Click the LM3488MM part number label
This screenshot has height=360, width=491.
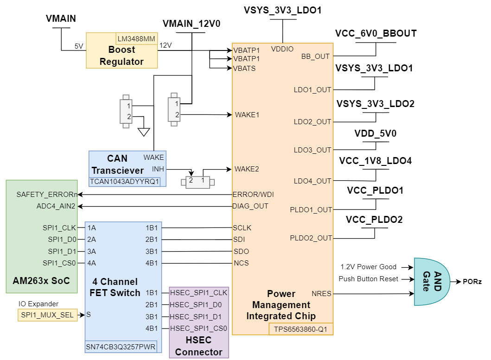tap(136, 38)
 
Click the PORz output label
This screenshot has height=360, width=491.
tap(472, 281)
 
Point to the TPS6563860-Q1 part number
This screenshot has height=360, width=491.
tap(300, 329)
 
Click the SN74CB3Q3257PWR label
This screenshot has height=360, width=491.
tap(121, 347)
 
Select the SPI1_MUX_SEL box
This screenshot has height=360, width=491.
tap(47, 315)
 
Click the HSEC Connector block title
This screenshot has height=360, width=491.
tap(199, 346)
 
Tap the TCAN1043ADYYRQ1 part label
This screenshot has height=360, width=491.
tap(128, 181)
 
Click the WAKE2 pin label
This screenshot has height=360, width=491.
tap(247, 169)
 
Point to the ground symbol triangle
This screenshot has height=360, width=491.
tap(144, 132)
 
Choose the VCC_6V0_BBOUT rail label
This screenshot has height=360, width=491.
tap(376, 33)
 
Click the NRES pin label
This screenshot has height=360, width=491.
tap(322, 293)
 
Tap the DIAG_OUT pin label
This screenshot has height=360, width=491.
tap(250, 206)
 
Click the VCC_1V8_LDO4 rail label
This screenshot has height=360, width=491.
tap(376, 161)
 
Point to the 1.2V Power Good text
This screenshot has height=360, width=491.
tap(368, 267)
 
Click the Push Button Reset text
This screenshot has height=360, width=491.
tap(368, 279)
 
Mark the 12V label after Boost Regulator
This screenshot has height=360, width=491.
tap(166, 45)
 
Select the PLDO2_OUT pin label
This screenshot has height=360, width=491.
tap(311, 238)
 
